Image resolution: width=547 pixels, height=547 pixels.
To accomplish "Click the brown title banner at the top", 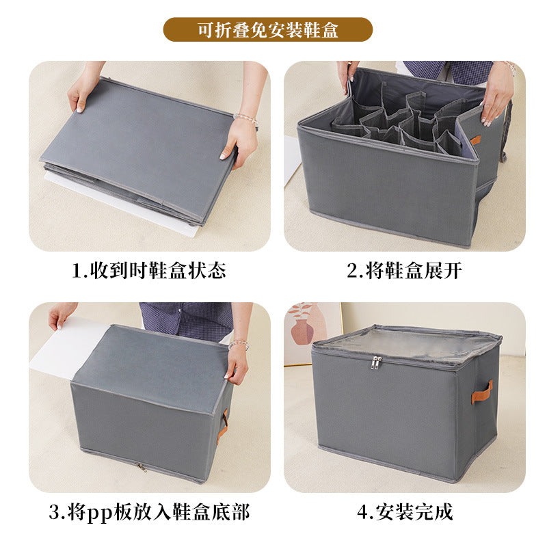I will (267, 29).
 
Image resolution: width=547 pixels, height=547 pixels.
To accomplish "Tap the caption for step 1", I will (148, 271).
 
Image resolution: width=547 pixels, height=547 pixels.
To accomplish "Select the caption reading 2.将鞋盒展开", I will (404, 271).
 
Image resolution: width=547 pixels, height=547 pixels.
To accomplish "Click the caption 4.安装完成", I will (404, 512).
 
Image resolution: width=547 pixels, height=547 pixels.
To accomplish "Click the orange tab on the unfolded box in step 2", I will (475, 140).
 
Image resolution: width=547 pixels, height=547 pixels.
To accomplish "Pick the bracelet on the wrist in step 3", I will (238, 345).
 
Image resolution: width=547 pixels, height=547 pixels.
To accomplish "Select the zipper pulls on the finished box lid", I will (376, 362).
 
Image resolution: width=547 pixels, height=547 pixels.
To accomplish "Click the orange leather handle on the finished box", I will (481, 391).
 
